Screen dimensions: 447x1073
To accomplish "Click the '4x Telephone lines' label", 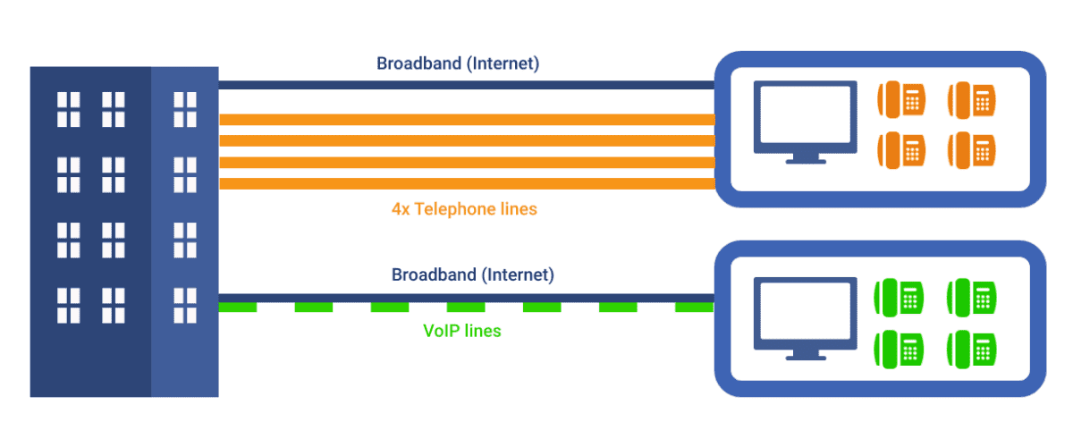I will tap(463, 209).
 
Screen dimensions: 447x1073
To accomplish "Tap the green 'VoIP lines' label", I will tap(461, 331).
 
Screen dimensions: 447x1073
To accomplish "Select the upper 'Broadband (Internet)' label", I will tap(458, 63).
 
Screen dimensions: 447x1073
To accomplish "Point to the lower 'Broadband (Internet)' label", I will tap(472, 274).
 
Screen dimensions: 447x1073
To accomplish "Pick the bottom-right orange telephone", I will tap(972, 149).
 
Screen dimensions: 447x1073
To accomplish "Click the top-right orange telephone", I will tap(972, 99).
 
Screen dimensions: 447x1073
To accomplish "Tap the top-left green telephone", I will tap(900, 296).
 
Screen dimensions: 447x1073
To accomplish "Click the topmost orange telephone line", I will tap(466, 120).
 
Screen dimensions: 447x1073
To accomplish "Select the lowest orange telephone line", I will tap(466, 183).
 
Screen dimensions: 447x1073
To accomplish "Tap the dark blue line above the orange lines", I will tap(466, 85).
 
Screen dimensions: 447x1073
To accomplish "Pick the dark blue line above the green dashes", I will tap(466, 297).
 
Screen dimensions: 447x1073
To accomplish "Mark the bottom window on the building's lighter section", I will tap(184, 305).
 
